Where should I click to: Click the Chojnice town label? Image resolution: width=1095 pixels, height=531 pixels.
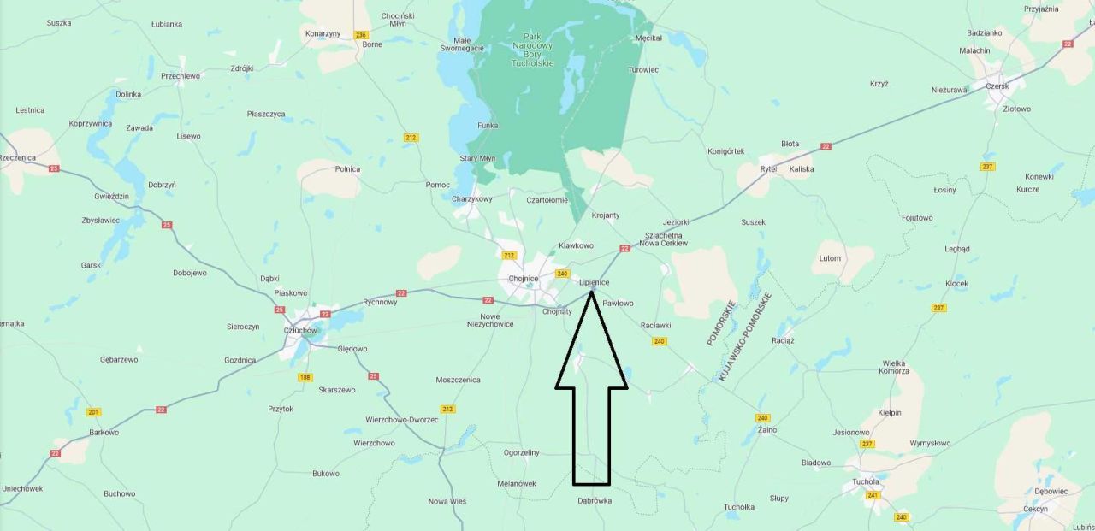point(523,279)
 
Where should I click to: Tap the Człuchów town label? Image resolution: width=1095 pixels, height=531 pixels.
point(300,330)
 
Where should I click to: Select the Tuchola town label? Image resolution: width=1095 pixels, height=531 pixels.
point(866,481)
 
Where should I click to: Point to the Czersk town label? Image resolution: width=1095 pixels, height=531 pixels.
point(997,86)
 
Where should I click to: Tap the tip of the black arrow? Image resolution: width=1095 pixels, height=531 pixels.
point(591,292)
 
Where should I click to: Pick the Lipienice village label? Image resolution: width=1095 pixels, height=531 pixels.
point(594,282)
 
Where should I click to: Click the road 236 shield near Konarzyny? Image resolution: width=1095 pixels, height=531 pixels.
point(359,34)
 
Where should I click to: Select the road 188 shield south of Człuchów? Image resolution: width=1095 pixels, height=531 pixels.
point(305,377)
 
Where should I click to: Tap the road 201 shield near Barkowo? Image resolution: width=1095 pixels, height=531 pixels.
point(93,412)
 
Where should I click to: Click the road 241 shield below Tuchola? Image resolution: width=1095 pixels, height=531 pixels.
point(873,495)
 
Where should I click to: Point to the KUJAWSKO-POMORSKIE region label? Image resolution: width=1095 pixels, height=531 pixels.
point(745,336)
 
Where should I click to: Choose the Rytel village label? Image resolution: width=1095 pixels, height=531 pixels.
point(768,169)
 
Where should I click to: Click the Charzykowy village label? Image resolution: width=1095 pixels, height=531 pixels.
point(472,199)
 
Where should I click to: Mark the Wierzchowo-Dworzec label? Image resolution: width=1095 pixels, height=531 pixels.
point(402,420)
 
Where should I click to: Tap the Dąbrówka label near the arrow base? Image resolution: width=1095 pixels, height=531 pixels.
point(595,501)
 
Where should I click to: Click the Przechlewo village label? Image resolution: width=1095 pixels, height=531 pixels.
point(181,76)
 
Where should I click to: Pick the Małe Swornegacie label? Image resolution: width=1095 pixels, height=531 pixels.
point(469,44)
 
